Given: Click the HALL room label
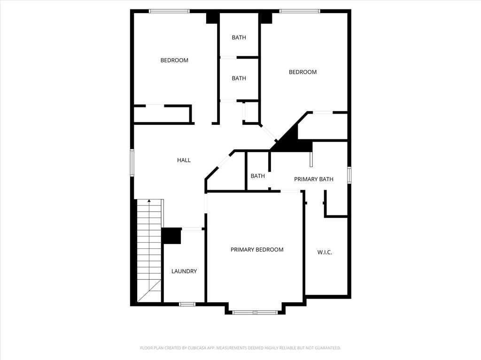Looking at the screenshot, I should (184, 160).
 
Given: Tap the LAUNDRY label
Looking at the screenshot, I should (184, 271).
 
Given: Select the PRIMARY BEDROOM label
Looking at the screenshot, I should (257, 250).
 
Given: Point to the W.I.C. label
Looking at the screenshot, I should (325, 252).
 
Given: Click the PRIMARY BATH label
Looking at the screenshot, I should (314, 179).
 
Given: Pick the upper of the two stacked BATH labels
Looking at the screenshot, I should (239, 38).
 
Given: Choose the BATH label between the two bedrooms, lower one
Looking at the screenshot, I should (239, 78).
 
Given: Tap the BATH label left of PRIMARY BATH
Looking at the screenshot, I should (257, 176).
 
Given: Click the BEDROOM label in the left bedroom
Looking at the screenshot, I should (174, 60).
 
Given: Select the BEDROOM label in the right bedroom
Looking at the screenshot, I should (303, 72).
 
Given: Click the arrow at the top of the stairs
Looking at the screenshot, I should (149, 201).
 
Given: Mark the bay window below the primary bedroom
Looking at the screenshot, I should (255, 312).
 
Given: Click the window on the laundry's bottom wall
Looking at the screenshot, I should (187, 304).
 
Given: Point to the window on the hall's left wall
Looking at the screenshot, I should (132, 162).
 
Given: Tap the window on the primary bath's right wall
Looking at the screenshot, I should (349, 175).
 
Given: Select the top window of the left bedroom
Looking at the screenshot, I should (169, 11).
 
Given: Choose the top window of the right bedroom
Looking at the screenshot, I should (300, 11).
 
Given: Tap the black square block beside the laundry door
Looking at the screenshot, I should (171, 236).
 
